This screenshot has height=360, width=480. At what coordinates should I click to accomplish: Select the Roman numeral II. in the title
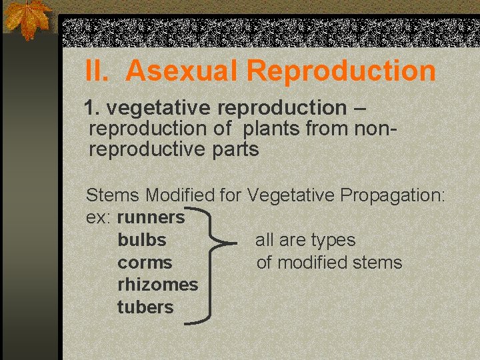pyautogui.click(x=100, y=71)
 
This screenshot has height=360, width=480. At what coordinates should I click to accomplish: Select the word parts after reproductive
pyautogui.click(x=235, y=149)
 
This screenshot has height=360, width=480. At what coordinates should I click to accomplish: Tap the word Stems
pyautogui.click(x=113, y=195)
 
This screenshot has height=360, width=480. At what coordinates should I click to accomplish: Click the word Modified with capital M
pyautogui.click(x=180, y=195)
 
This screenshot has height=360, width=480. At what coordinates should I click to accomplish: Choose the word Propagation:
pyautogui.click(x=392, y=195)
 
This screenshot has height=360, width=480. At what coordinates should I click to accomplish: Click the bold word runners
pyautogui.click(x=151, y=217)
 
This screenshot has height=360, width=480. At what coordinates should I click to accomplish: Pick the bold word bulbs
pyautogui.click(x=141, y=239)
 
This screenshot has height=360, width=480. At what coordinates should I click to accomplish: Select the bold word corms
pyautogui.click(x=145, y=262)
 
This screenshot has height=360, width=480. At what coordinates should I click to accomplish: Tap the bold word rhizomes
pyautogui.click(x=157, y=285)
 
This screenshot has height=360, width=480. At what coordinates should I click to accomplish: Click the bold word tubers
pyautogui.click(x=145, y=307)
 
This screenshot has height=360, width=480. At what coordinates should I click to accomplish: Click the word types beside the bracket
pyautogui.click(x=333, y=240)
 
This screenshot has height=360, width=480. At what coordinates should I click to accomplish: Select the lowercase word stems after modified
pyautogui.click(x=376, y=262)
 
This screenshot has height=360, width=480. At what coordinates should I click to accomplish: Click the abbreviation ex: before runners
pyautogui.click(x=99, y=217)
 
